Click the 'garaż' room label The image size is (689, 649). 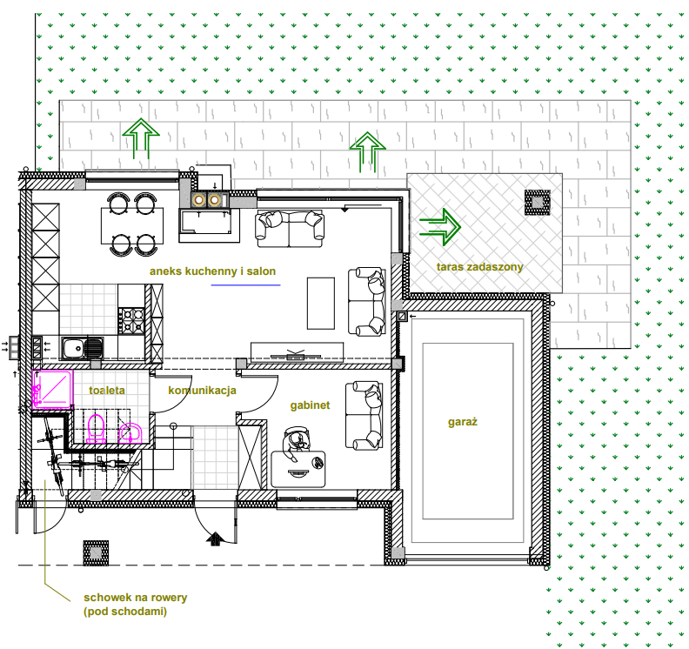[462, 422]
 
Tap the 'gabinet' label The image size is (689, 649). [310, 405]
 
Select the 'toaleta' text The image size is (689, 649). [107, 391]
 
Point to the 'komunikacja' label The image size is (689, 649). [202, 391]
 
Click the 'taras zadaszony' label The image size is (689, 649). [479, 267]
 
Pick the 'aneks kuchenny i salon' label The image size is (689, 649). [212, 271]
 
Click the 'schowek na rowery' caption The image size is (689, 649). [136, 598]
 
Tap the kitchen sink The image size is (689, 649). [82, 349]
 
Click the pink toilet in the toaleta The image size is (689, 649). [96, 429]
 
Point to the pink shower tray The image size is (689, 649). [52, 389]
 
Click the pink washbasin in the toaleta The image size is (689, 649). [130, 433]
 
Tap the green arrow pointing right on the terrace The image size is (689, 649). [440, 227]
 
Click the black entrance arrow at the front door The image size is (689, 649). [216, 539]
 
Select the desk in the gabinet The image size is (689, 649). [298, 469]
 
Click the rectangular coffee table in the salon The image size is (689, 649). [321, 304]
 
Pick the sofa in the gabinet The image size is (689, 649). [364, 416]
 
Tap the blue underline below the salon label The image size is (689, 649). [245, 285]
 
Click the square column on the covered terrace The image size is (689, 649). [537, 202]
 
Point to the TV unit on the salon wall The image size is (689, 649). [297, 352]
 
